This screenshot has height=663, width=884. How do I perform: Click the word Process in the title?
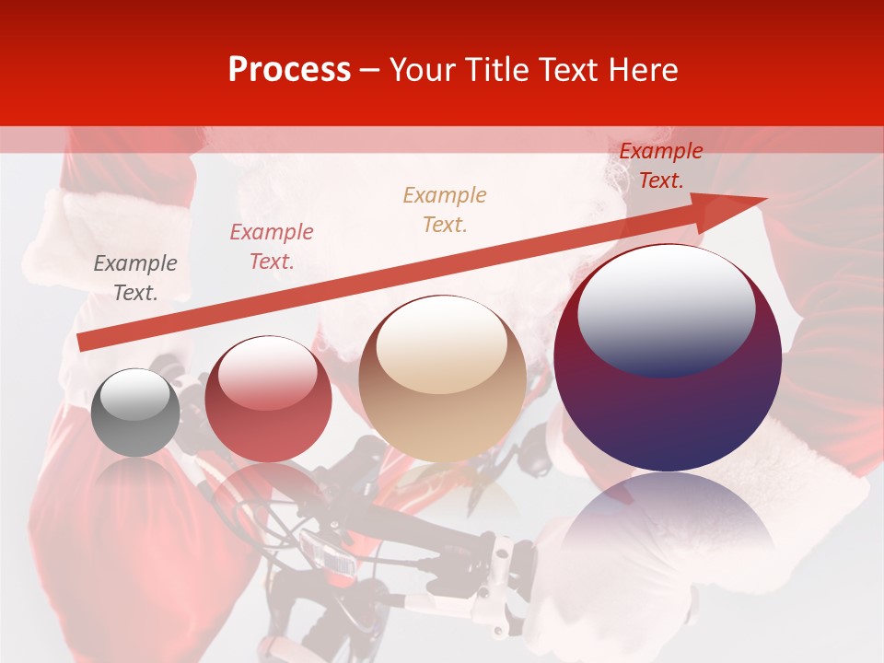(x=289, y=70)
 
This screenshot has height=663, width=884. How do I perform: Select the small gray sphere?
(x=136, y=413)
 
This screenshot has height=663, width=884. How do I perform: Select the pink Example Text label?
(x=272, y=247)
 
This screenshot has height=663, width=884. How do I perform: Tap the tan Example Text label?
(x=445, y=209)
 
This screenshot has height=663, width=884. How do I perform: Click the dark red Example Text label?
(x=661, y=166)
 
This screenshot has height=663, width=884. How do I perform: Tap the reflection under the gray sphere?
(x=136, y=479)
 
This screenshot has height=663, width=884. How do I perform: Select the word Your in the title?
(x=424, y=70)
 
